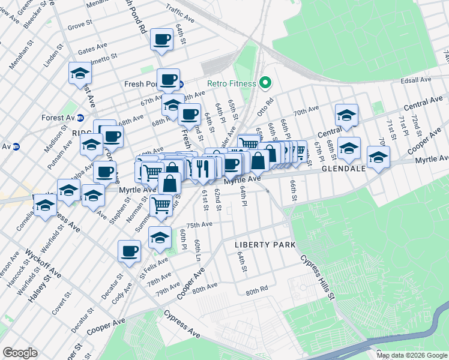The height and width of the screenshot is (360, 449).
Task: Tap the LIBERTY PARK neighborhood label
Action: [x=265, y=245]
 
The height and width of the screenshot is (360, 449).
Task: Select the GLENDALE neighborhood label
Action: [x=343, y=169]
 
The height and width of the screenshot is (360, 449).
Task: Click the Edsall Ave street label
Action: [x=415, y=79]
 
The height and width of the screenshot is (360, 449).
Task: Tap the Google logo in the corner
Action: [x=20, y=353]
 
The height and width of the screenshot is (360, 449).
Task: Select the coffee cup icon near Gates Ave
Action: [x=161, y=40]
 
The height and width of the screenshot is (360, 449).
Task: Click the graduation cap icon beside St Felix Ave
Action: [x=159, y=238]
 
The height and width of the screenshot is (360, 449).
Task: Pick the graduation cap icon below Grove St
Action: [x=80, y=73]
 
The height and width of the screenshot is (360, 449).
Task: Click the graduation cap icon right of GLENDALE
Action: [x=378, y=158]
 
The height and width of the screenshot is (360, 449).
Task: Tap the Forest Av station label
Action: [x=57, y=118]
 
